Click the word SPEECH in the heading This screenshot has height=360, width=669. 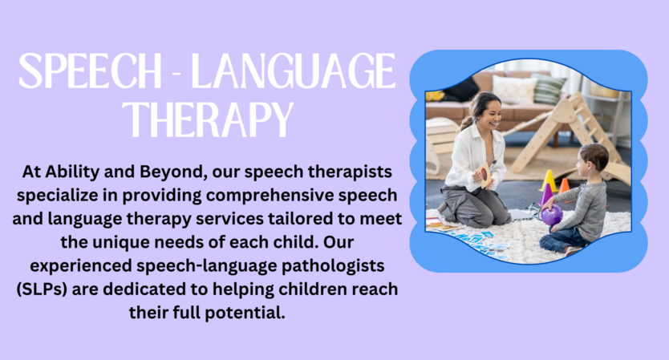pos(90,71)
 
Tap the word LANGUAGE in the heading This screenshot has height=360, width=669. pos(293,71)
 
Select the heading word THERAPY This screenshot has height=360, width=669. pos(208,119)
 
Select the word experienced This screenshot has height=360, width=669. pos(81,265)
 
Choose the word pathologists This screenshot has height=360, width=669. pos(333,265)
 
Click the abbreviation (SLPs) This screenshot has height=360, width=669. pos(42,289)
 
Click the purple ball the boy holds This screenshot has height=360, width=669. pos(552,215)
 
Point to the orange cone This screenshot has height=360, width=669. pos(564,186)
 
